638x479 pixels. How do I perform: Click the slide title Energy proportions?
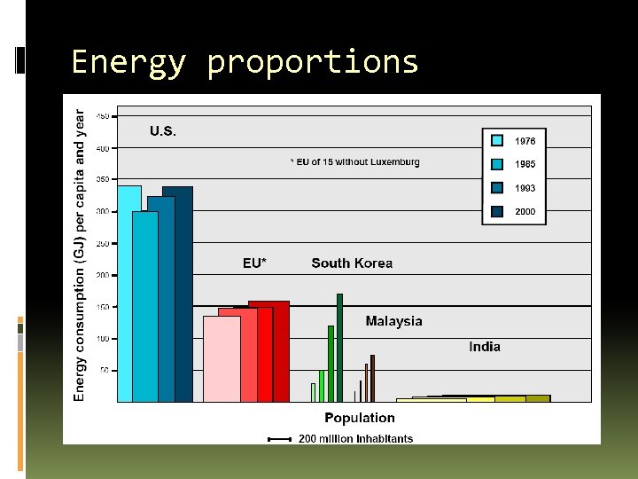tap(244, 62)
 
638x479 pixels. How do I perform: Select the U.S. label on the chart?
tap(162, 131)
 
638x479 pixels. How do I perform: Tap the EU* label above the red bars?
tap(254, 263)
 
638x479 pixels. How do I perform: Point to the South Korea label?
tap(352, 263)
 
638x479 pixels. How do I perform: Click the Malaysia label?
tap(393, 321)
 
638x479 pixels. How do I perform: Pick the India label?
tap(485, 347)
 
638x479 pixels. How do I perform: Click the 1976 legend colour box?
tap(498, 140)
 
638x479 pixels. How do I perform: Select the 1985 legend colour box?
tap(498, 164)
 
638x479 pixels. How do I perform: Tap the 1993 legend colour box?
tap(498, 188)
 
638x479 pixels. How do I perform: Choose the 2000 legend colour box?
tap(498, 212)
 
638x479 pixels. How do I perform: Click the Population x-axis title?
tap(360, 418)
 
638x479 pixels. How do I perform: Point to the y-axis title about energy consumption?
tap(80, 255)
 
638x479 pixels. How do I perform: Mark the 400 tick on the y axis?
tap(103, 148)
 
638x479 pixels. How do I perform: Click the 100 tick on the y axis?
tap(103, 339)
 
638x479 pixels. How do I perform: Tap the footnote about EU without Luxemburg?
tap(355, 161)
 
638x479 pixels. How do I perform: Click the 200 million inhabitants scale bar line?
tap(279, 438)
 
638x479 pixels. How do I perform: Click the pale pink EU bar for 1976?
tap(221, 359)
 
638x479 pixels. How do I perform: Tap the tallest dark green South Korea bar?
tap(339, 348)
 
